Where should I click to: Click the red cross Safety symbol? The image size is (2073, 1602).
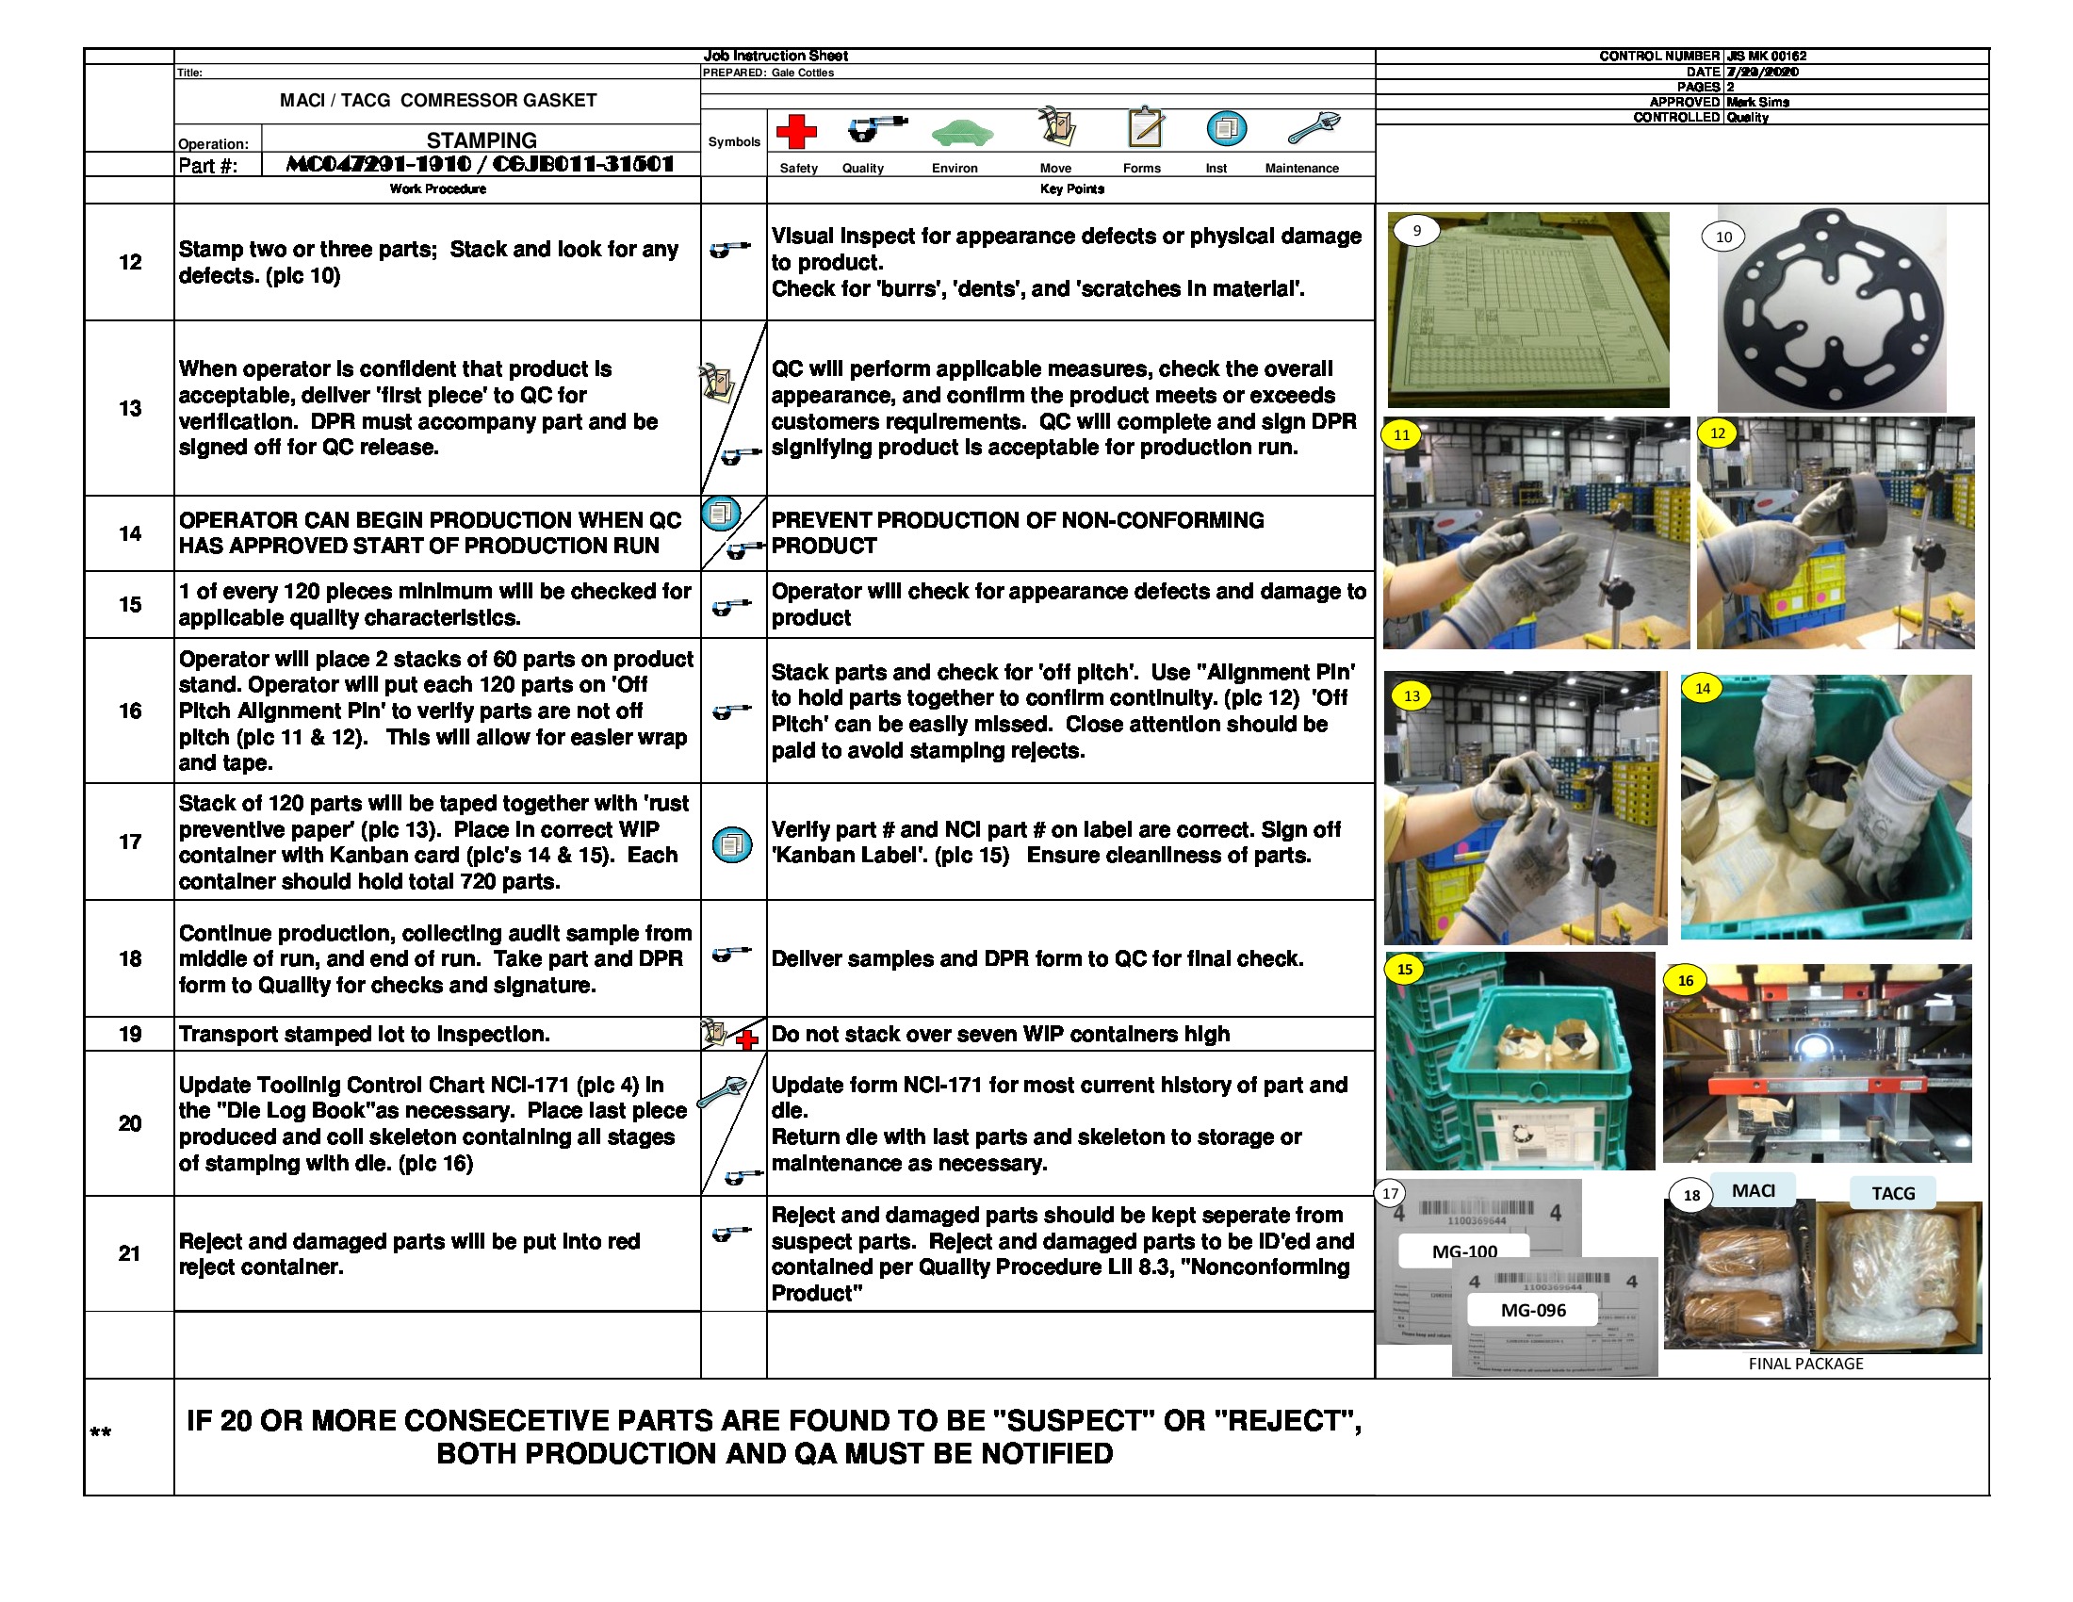[795, 131]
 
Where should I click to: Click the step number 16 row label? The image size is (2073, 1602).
[130, 711]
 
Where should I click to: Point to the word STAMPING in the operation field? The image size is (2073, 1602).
[482, 139]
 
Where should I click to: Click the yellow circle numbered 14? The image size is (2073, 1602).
[1702, 688]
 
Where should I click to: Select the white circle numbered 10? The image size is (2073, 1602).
[1723, 237]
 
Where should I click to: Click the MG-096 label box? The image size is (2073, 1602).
[1532, 1310]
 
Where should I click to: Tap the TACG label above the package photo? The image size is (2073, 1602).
[1893, 1193]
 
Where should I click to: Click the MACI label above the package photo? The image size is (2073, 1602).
[1753, 1190]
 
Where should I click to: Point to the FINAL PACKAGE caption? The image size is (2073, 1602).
[1805, 1364]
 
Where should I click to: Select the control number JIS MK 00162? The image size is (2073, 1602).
[1767, 56]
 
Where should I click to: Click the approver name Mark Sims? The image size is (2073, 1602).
[1758, 102]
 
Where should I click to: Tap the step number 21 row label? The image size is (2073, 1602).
[130, 1252]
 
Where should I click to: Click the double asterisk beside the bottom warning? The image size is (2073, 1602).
[101, 1433]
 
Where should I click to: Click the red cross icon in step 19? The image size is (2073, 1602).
[747, 1040]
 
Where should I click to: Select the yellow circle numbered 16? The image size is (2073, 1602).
[1685, 980]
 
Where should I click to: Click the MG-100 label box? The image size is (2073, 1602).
[1463, 1251]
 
